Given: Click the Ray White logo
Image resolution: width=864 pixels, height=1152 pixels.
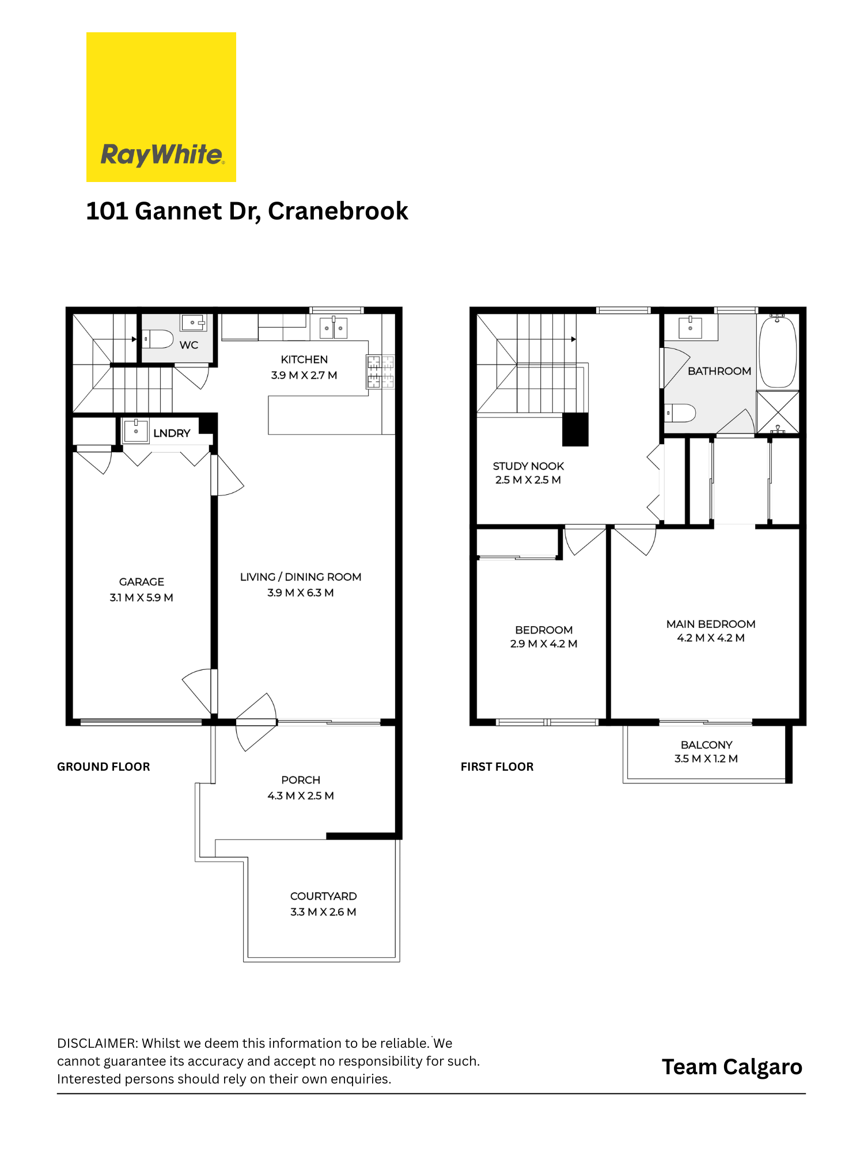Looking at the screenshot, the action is (x=161, y=107).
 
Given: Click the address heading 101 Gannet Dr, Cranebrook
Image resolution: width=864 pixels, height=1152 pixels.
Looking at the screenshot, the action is (x=247, y=211).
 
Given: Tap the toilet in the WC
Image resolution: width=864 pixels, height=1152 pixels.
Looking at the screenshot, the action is (x=158, y=339).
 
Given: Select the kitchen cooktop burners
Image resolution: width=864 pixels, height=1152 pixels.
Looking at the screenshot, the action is (x=381, y=372).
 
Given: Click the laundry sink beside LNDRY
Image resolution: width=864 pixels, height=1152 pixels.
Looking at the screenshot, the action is (x=136, y=431).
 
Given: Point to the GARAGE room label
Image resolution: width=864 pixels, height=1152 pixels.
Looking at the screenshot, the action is (x=142, y=582).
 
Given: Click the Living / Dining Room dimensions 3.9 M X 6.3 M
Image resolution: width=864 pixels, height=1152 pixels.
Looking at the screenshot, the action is (x=301, y=593).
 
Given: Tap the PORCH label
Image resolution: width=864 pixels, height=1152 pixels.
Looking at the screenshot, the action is (x=301, y=780).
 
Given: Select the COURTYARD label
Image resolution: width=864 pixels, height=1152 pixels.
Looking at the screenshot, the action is (x=324, y=896).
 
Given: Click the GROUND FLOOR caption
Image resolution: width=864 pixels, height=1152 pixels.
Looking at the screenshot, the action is (x=104, y=767).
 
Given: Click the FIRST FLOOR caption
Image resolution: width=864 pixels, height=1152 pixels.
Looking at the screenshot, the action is (x=497, y=767).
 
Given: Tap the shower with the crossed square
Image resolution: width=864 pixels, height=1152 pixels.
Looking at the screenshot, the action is (x=778, y=412).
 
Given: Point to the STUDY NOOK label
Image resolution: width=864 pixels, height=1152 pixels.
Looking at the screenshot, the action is (x=529, y=466).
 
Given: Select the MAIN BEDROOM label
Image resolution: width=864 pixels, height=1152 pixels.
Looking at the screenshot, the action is (x=711, y=624).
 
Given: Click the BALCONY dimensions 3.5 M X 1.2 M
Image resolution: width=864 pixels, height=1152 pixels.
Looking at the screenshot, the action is (x=706, y=759).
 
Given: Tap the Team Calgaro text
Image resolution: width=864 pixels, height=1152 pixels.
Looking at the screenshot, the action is (x=732, y=1067).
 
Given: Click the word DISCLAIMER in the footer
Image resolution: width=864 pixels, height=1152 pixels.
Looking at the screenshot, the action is (x=97, y=1043).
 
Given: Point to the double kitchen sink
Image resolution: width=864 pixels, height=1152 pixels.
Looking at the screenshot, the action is (x=334, y=328).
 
